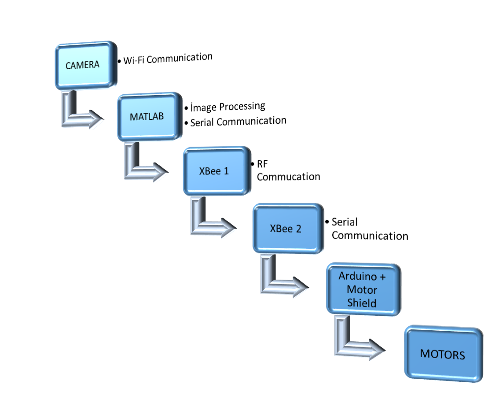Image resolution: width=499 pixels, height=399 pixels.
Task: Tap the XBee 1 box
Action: pyautogui.click(x=216, y=171)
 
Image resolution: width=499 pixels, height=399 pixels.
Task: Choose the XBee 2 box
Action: pyautogui.click(x=287, y=229)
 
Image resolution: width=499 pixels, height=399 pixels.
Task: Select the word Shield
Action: pyautogui.click(x=362, y=303)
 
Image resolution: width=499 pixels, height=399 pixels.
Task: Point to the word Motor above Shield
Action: pyautogui.click(x=362, y=290)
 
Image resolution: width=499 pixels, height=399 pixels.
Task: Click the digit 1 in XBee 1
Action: pyautogui.click(x=226, y=171)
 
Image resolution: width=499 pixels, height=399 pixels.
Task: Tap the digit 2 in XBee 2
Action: pyautogui.click(x=298, y=229)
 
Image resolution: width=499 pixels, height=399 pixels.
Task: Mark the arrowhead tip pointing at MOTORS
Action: pyautogui.click(x=384, y=351)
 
